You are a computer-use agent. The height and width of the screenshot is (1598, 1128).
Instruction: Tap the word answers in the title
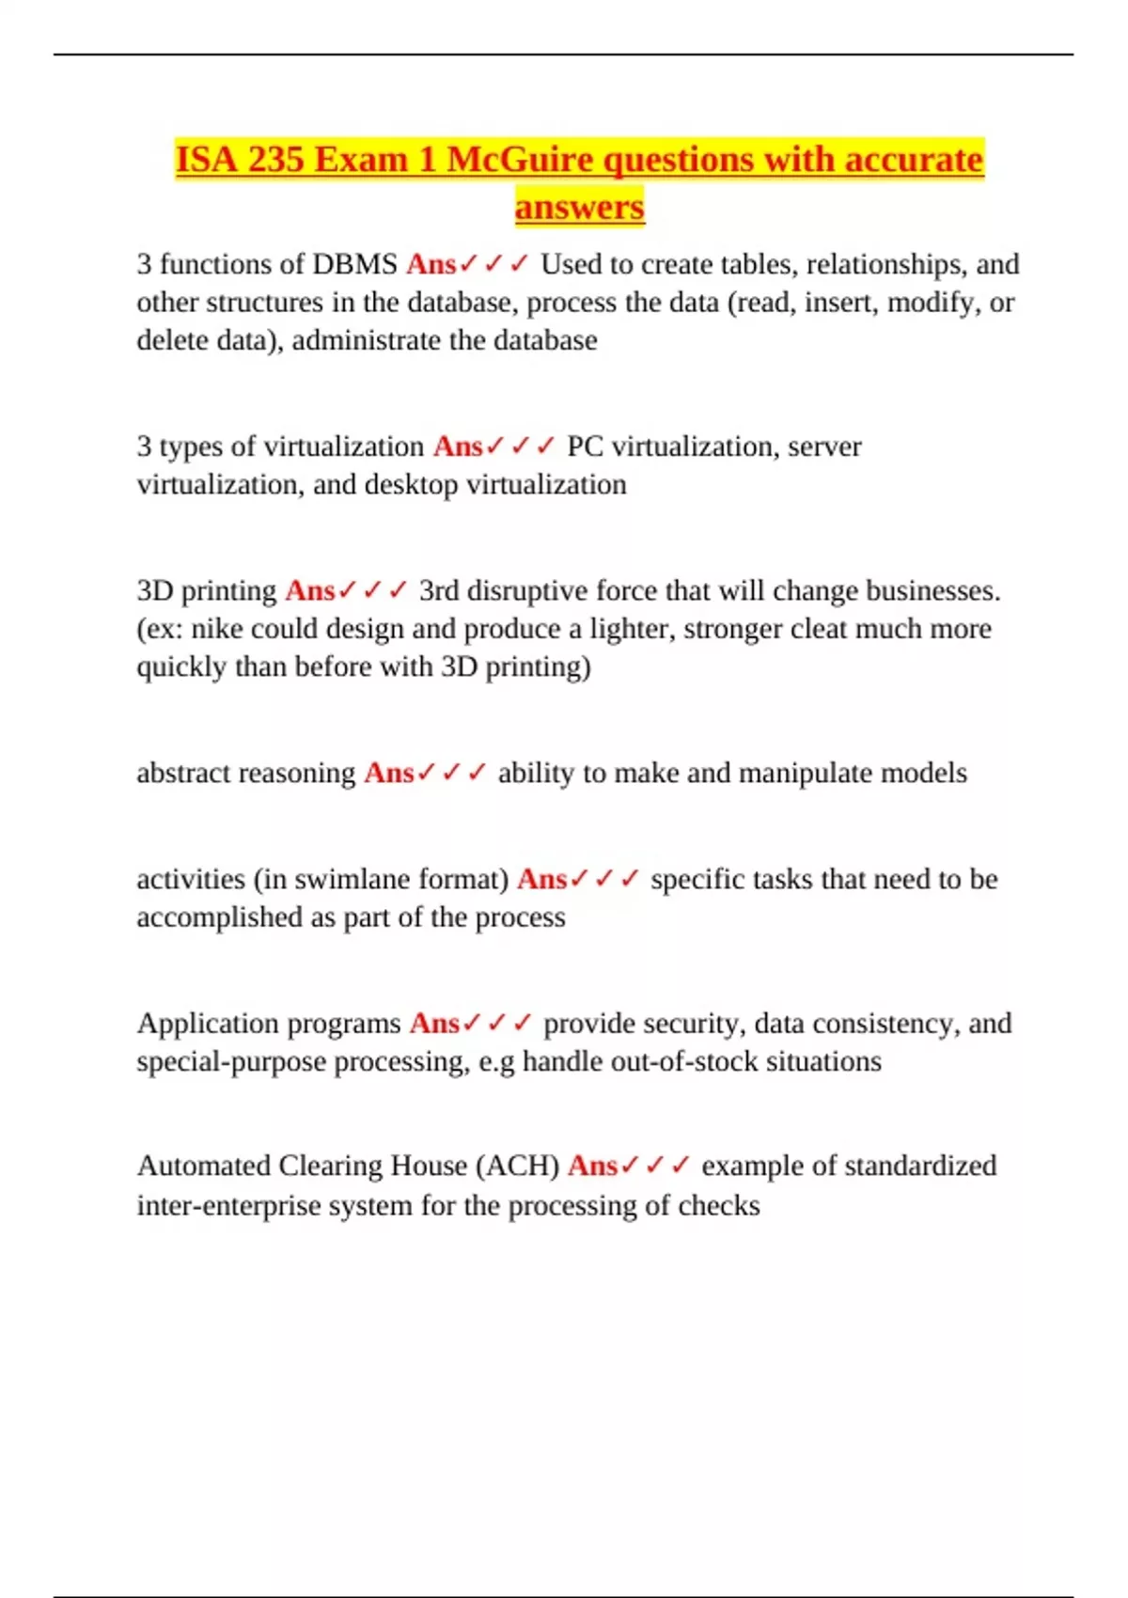point(579,207)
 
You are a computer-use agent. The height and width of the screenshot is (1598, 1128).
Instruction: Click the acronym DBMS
point(354,264)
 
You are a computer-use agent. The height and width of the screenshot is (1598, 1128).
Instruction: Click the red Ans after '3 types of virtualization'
point(458,446)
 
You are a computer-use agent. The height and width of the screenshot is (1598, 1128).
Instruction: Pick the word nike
point(217,629)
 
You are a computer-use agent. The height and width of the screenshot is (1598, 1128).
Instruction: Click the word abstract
point(185,773)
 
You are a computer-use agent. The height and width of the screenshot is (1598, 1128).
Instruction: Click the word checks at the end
point(719,1206)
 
